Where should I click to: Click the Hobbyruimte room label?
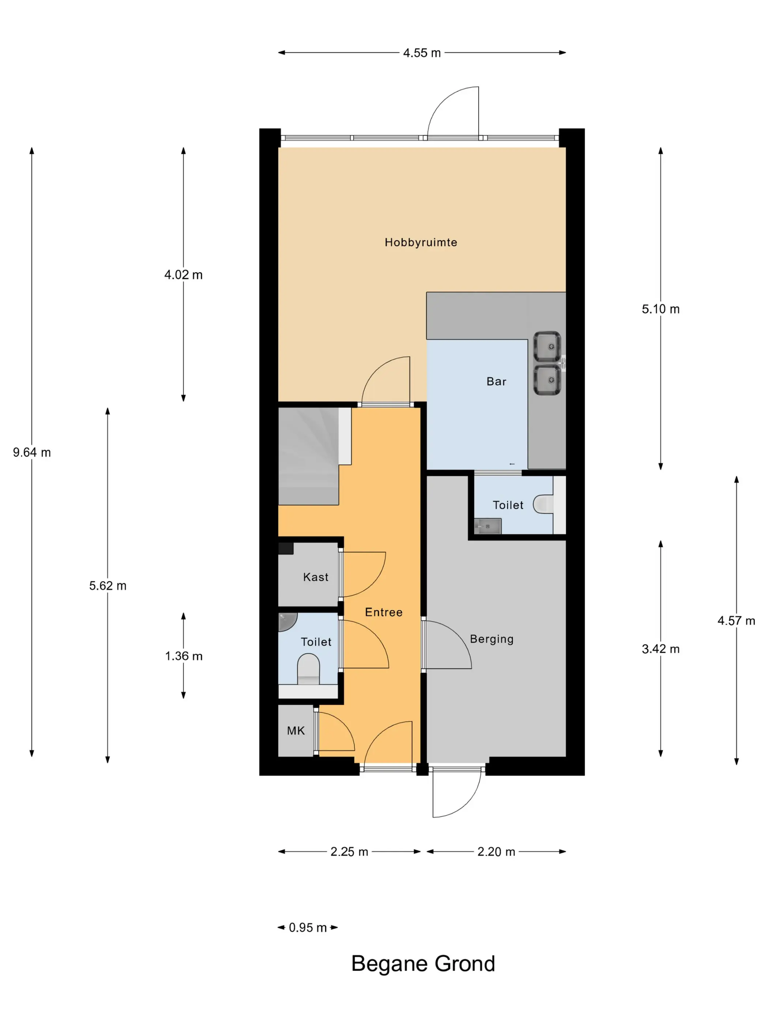421,242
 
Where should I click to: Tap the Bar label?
496,381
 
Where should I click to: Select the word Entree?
384,612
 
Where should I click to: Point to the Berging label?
492,639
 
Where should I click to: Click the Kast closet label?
316,577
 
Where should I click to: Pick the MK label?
296,730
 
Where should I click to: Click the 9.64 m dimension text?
32,452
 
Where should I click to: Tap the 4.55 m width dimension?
422,53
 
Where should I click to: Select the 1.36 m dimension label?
184,656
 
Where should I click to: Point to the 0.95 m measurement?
308,927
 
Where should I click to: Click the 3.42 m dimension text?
660,648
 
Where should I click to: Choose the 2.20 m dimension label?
496,851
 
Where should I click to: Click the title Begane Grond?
423,963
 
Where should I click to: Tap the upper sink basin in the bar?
547,346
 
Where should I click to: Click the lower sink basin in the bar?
547,380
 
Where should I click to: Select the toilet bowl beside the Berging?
543,504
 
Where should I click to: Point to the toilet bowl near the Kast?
308,669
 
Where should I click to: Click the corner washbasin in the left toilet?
287,622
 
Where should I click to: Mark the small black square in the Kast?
286,548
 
